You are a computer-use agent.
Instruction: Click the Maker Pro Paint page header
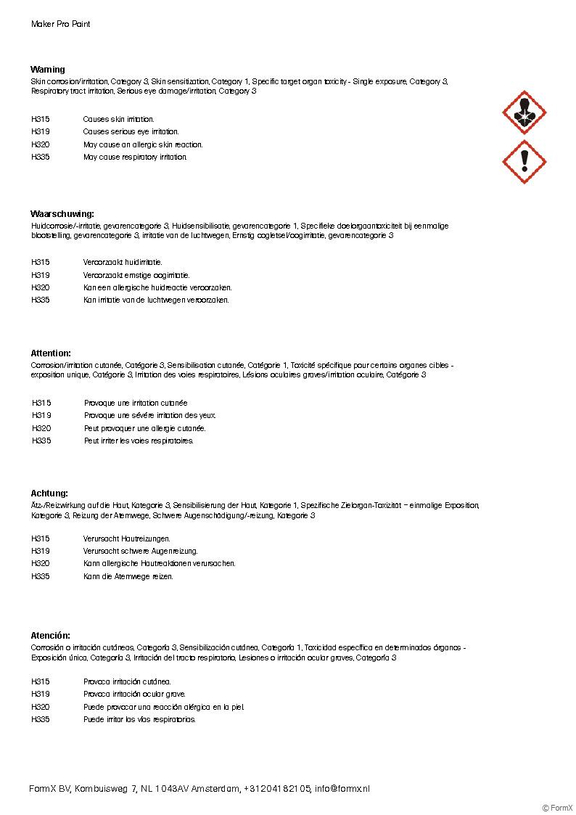[x=61, y=24]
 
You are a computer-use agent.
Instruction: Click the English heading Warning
[x=48, y=70]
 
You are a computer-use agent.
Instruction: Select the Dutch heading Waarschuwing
[x=62, y=214]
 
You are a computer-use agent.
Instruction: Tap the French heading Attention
[x=51, y=353]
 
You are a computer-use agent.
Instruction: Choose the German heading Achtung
[x=49, y=493]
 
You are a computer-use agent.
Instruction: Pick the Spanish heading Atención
[x=51, y=636]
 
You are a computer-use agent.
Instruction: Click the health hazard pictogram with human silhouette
[x=524, y=112]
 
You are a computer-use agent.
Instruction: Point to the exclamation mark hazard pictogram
[x=524, y=162]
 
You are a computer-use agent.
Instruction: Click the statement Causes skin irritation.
[x=118, y=119]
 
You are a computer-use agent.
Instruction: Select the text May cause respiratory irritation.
[x=135, y=157]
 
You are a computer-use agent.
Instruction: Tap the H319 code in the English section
[x=41, y=132]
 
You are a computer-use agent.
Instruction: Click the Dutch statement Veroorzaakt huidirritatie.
[x=123, y=262]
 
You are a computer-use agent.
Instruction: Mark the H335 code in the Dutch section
[x=41, y=300]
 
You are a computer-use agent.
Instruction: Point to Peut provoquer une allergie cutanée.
[x=144, y=428]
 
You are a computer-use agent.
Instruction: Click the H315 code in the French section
[x=41, y=403]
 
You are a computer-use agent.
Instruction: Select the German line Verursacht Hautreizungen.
[x=126, y=538]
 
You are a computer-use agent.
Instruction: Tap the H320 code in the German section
[x=41, y=563]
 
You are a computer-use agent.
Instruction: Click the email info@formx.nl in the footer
[x=342, y=788]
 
